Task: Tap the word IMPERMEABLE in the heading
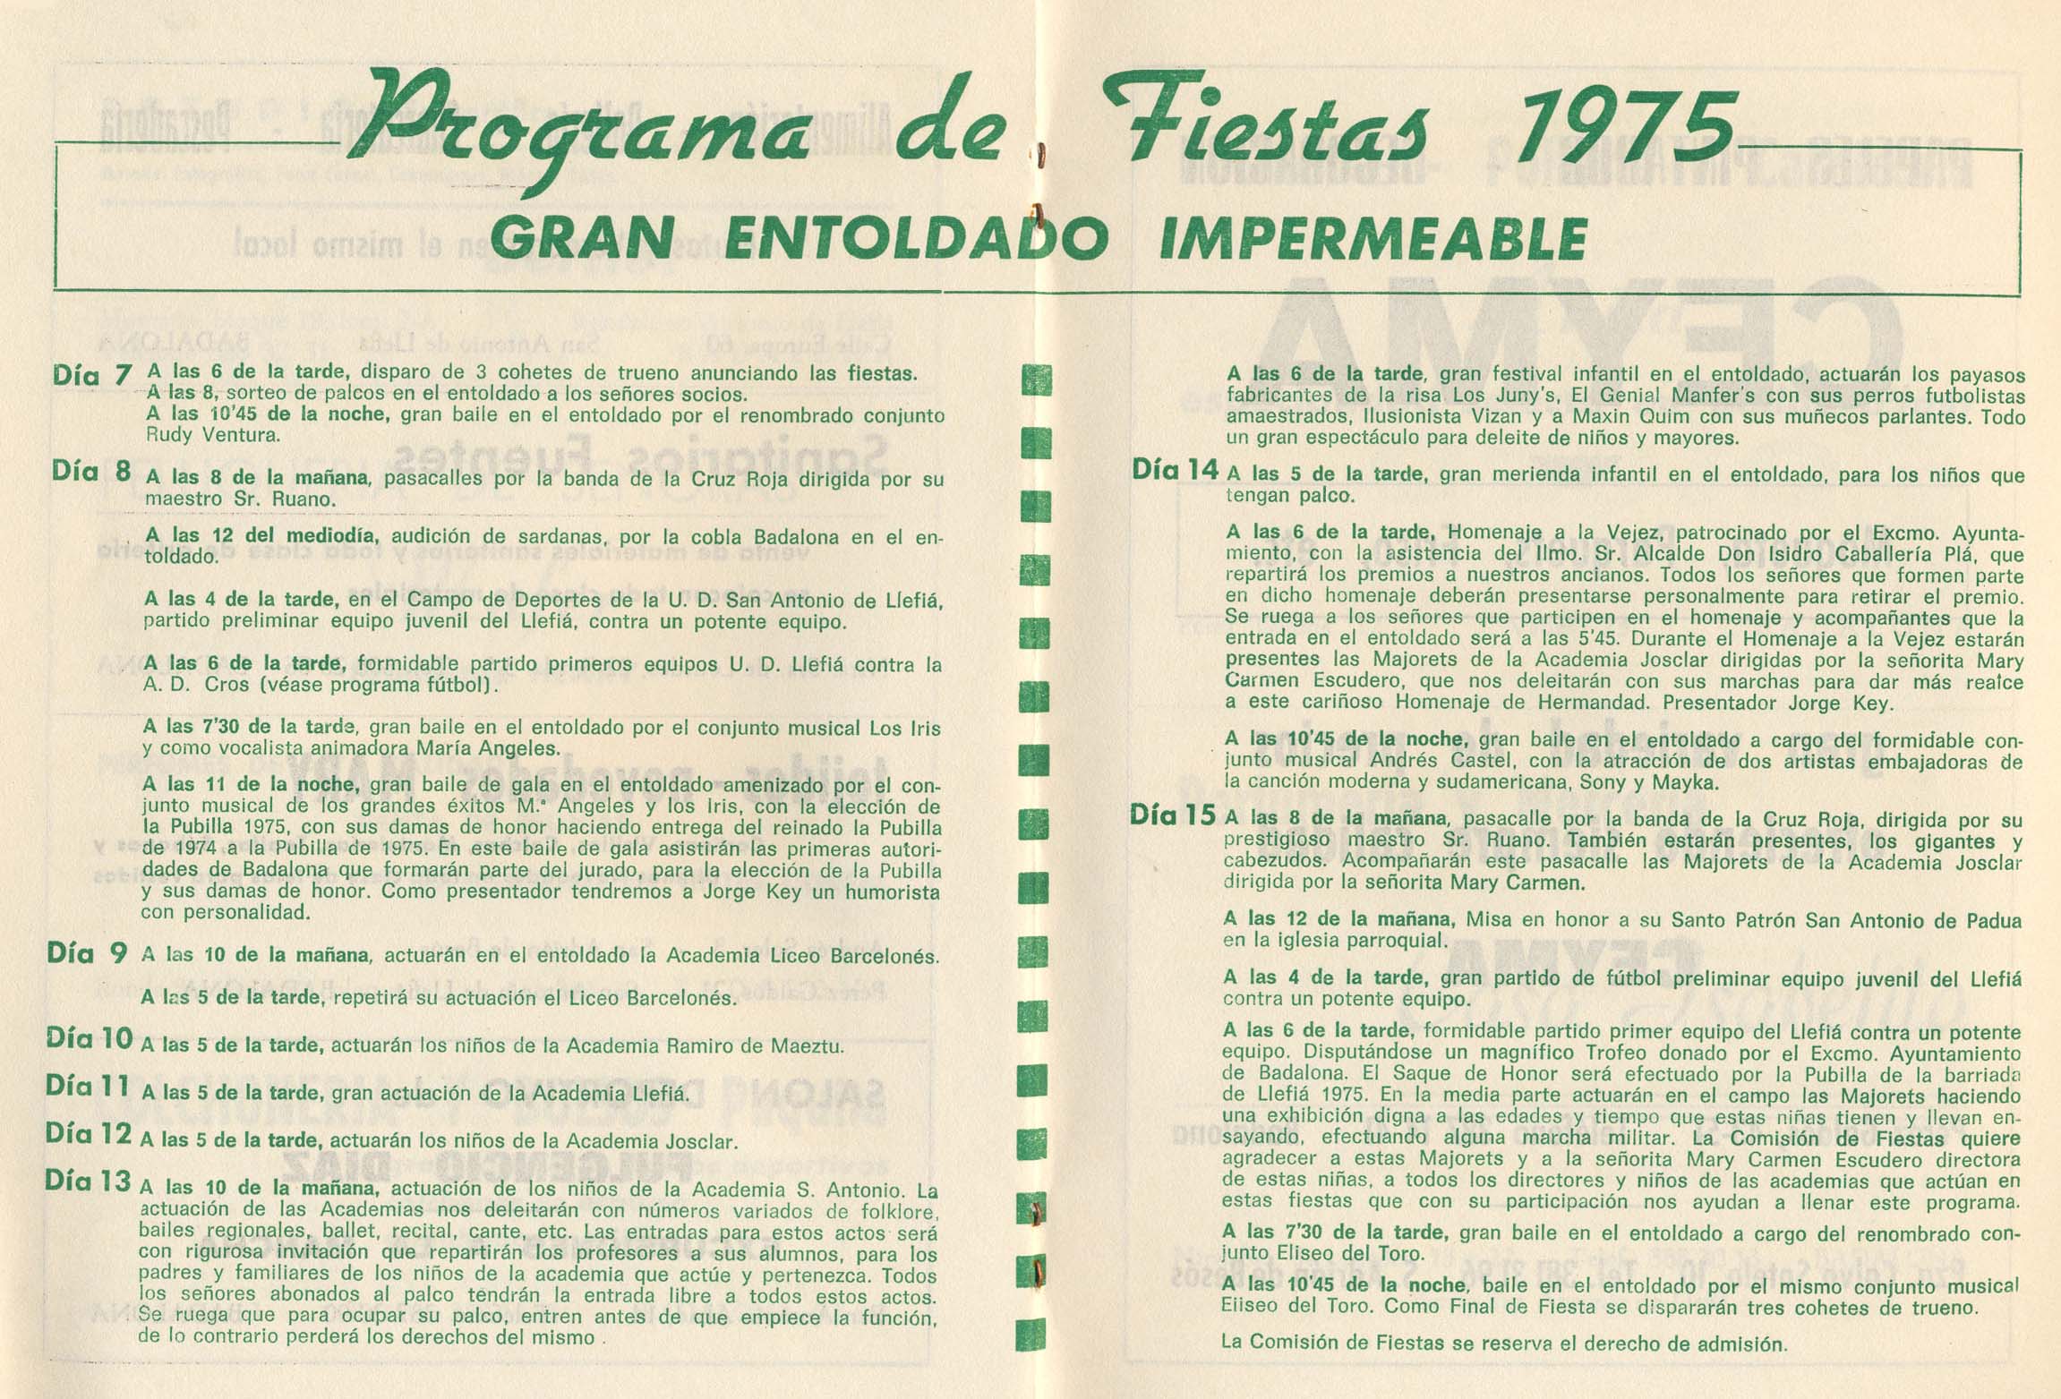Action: [1373, 239]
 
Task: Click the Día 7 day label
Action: [92, 374]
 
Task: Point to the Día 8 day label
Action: [92, 472]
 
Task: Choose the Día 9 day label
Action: [87, 953]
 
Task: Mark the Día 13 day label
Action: [89, 1181]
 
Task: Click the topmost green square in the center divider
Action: [1036, 380]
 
